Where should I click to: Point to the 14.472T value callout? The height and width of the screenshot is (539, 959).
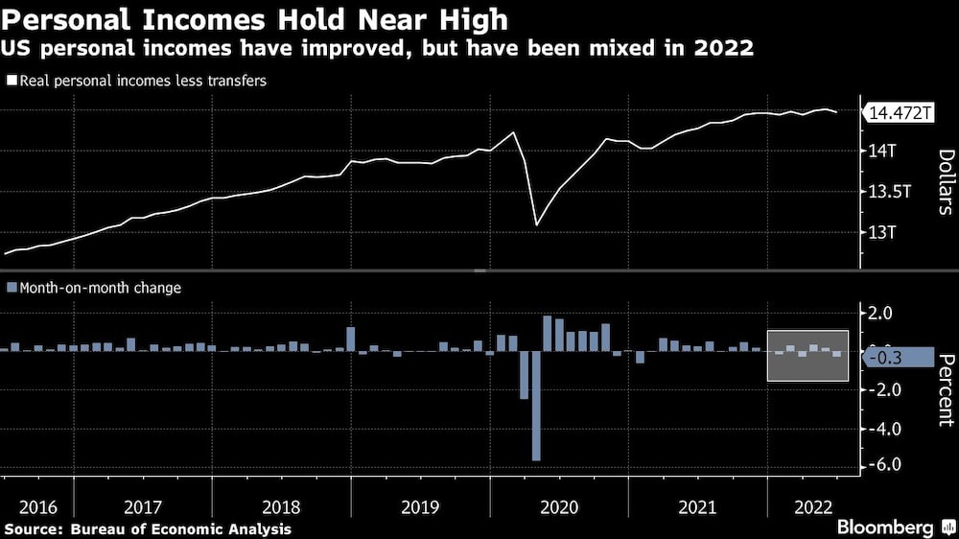pyautogui.click(x=900, y=113)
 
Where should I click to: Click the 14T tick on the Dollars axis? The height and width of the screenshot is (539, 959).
pyautogui.click(x=882, y=151)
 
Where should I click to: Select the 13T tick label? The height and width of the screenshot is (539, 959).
pyautogui.click(x=882, y=232)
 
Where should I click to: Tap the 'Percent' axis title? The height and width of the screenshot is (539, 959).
pyautogui.click(x=945, y=388)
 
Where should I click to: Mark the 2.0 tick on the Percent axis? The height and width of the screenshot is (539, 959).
pyautogui.click(x=881, y=313)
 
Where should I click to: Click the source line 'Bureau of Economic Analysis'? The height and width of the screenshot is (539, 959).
pyautogui.click(x=148, y=528)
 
